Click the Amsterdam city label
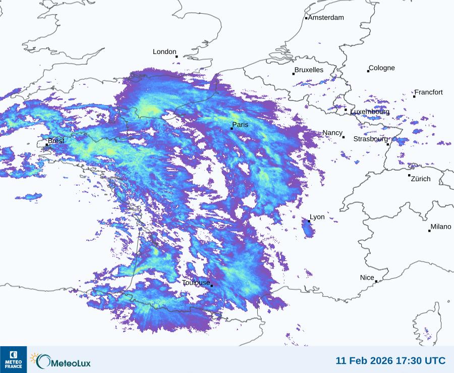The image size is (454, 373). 326,18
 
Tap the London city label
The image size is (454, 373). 164,52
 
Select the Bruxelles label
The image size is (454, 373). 309,70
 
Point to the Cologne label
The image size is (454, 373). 382,68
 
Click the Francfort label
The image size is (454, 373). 429,92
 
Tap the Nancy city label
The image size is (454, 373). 332,133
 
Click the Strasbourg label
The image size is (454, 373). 370,139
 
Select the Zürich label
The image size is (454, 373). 421,179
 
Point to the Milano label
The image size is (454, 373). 441,227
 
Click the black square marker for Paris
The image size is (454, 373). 232,129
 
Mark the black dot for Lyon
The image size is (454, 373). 309,221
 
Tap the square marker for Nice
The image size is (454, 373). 376,282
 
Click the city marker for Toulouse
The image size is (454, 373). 211,286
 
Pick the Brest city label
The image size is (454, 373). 56,141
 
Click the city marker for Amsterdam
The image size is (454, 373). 306,18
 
